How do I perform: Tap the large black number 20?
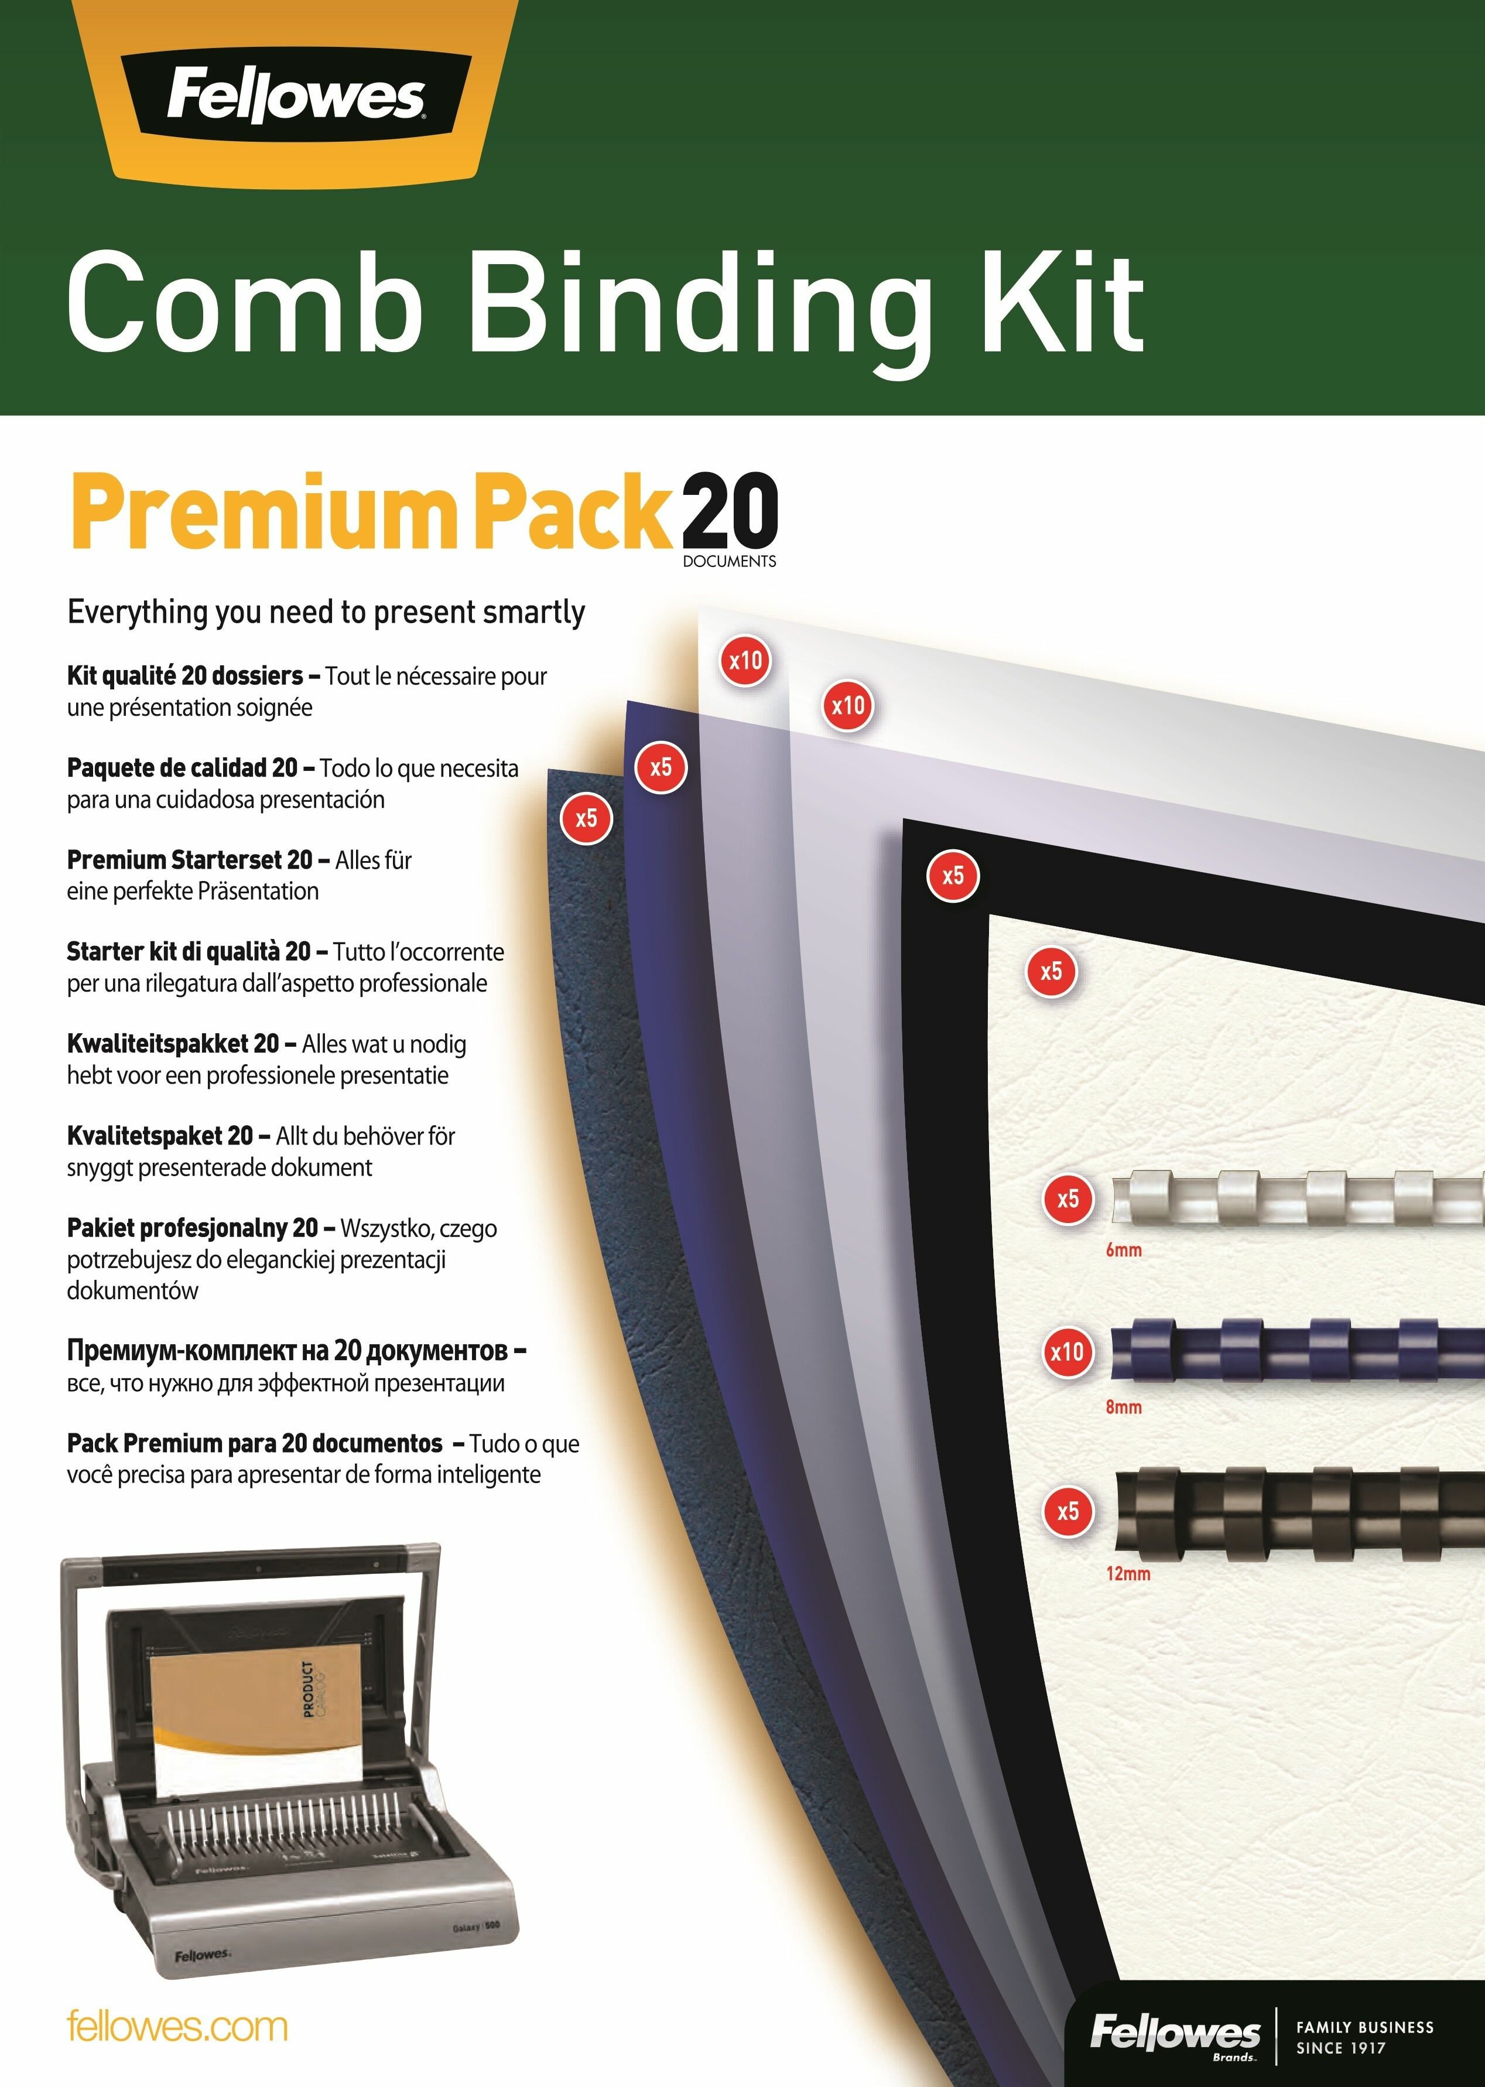(730, 510)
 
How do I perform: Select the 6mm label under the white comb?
(1124, 1249)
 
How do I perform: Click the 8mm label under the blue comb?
(1124, 1406)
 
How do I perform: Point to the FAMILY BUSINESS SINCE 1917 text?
(1364, 2038)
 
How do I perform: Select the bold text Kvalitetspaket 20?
(160, 1136)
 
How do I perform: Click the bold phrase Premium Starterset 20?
(190, 860)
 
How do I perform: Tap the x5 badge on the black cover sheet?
(953, 875)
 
